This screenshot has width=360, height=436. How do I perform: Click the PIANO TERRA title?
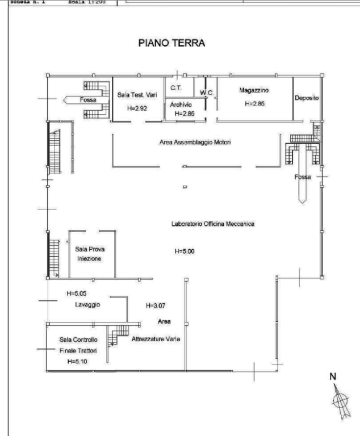click(171, 43)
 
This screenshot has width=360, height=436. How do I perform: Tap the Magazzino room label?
click(254, 90)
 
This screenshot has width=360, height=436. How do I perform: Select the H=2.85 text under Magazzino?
click(255, 104)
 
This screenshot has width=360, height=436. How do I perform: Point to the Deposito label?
click(307, 98)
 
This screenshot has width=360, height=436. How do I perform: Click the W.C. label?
click(206, 93)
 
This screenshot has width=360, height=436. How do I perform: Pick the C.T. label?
click(175, 89)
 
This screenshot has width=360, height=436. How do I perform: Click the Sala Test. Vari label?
click(137, 95)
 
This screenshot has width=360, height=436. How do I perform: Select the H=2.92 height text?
click(137, 108)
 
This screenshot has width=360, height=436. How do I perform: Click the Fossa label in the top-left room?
click(88, 100)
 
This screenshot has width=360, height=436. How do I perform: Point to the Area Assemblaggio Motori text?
click(195, 142)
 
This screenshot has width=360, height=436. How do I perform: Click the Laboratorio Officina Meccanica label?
click(213, 224)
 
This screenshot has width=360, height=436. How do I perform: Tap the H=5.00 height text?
click(185, 251)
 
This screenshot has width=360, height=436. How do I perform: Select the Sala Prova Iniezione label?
click(90, 253)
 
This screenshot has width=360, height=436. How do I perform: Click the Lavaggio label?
click(87, 305)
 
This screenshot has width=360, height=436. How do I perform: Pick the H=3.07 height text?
click(154, 305)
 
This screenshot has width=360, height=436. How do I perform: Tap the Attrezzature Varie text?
click(156, 339)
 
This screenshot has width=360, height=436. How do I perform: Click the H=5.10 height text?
click(76, 361)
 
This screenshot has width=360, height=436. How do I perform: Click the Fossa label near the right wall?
click(303, 177)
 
